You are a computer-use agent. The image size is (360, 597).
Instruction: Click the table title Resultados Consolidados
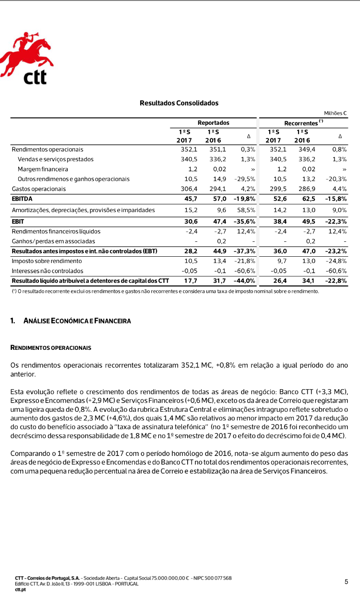click(x=179, y=103)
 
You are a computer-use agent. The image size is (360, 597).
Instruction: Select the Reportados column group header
click(x=213, y=123)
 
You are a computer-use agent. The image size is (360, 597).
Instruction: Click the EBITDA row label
click(x=22, y=198)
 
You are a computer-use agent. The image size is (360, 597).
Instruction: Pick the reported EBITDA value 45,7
click(x=184, y=198)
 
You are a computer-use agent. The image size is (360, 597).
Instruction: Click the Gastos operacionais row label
click(x=39, y=189)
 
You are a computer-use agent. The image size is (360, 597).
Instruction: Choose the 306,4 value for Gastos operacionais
click(x=183, y=189)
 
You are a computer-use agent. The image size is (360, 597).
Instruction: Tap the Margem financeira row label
click(x=43, y=169)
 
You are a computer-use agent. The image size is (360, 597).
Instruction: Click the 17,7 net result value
click(x=184, y=281)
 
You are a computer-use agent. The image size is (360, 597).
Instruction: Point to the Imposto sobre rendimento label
click(x=47, y=261)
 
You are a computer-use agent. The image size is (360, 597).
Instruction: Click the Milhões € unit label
click(x=335, y=113)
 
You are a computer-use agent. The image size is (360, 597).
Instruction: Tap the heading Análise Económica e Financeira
click(x=77, y=321)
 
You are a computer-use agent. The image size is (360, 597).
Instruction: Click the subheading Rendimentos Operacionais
click(x=51, y=347)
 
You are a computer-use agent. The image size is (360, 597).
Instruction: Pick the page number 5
click(x=346, y=582)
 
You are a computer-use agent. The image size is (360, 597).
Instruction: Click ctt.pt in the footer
click(x=21, y=589)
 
